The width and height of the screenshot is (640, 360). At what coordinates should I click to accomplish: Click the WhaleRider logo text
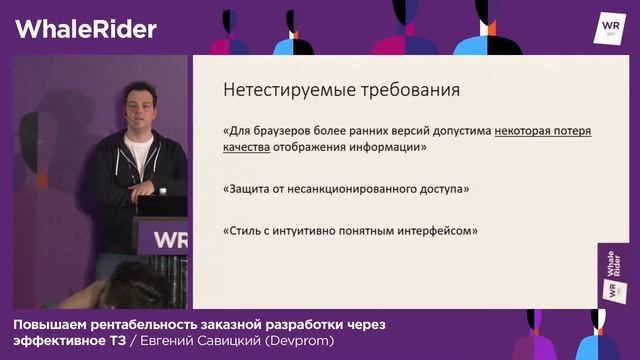pos(86,28)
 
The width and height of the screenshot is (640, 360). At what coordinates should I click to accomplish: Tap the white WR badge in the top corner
pos(609,27)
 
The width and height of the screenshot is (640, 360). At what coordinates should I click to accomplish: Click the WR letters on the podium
pos(169,241)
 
